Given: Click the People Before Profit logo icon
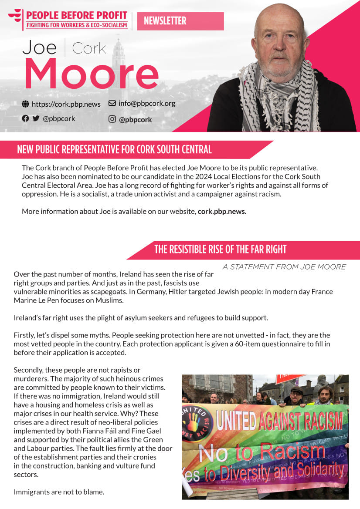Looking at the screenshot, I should [x=15, y=17].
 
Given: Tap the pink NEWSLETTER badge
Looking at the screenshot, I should [x=180, y=21].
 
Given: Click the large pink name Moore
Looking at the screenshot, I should [x=91, y=73].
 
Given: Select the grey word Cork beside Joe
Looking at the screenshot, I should [x=89, y=48].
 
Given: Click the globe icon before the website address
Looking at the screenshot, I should [x=25, y=104].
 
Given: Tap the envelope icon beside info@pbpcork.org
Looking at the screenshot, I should [x=112, y=103].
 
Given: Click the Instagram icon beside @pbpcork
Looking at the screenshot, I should [x=112, y=119].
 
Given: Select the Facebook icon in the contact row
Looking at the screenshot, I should [x=25, y=118].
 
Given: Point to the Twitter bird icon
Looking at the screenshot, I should [x=36, y=118].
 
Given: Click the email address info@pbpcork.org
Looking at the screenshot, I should [x=146, y=104].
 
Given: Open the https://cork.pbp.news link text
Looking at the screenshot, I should [x=66, y=104].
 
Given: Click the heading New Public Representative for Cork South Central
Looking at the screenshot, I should [x=114, y=150].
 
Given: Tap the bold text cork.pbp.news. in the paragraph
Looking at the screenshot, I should [x=222, y=212].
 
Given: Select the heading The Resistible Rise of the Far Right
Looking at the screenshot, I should [x=220, y=249].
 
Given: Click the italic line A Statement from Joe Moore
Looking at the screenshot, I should [x=284, y=267].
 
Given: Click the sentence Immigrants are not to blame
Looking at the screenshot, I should [x=59, y=492].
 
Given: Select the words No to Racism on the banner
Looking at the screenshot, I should [x=262, y=453].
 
